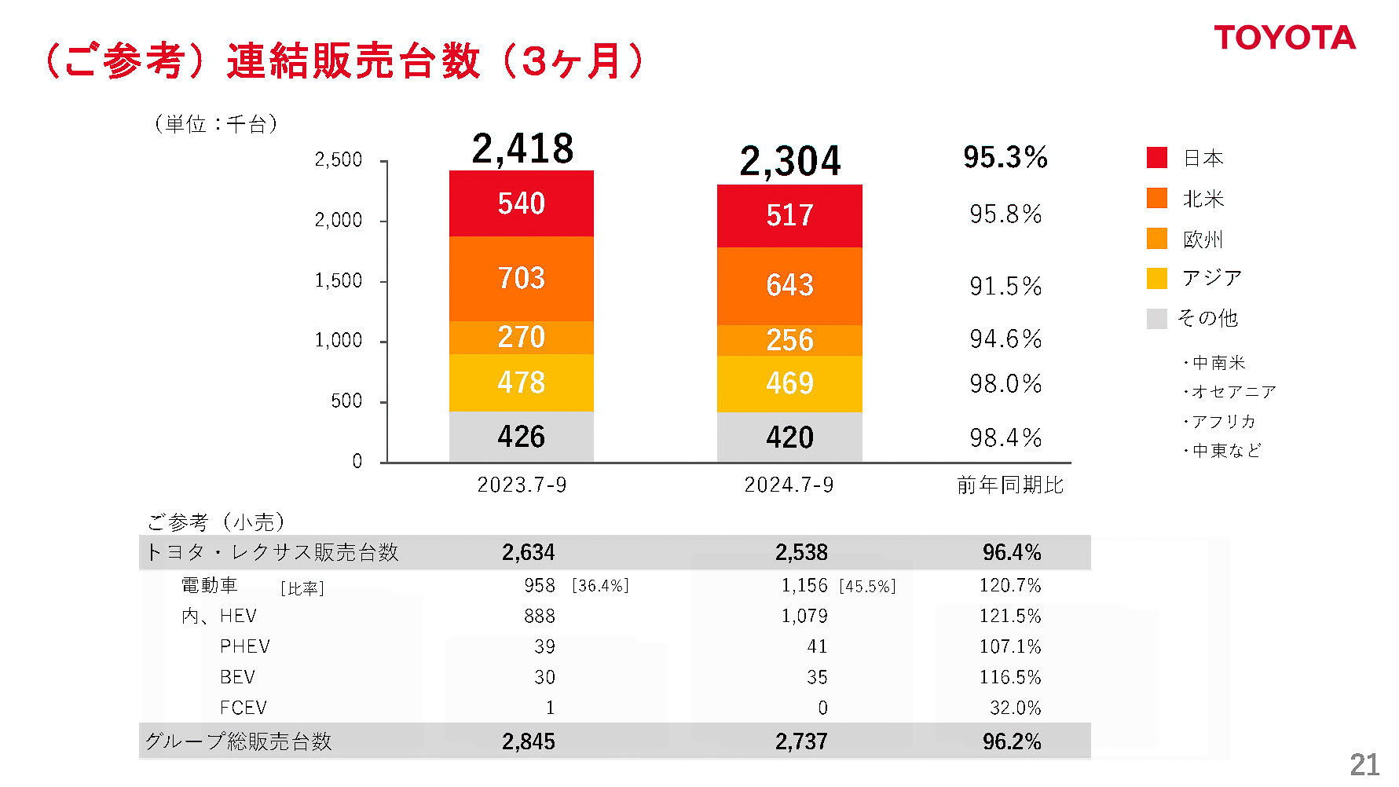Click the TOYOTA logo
1284,38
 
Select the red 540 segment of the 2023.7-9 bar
521,203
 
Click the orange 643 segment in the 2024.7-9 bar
789,285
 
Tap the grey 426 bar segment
521,437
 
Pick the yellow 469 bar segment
789,383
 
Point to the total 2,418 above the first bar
522,148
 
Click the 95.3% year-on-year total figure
1005,157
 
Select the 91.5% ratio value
1005,286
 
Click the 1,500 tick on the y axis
339,280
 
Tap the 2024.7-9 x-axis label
789,485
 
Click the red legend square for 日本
1156,157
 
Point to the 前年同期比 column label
1009,485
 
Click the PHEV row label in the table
245,646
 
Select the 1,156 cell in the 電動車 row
804,585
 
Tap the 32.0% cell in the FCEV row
1015,708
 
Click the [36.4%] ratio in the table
600,586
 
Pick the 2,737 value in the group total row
801,741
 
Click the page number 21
1364,764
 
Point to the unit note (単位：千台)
216,123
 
